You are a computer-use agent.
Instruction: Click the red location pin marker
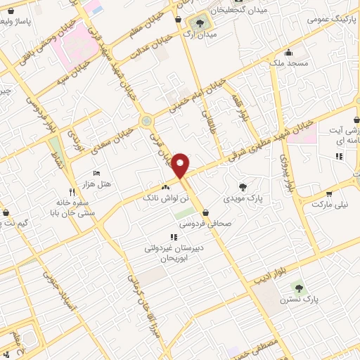click(181, 165)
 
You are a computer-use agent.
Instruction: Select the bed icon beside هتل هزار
click(97, 173)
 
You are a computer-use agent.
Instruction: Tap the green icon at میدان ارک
click(200, 20)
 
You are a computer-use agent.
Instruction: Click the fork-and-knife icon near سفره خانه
click(71, 192)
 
